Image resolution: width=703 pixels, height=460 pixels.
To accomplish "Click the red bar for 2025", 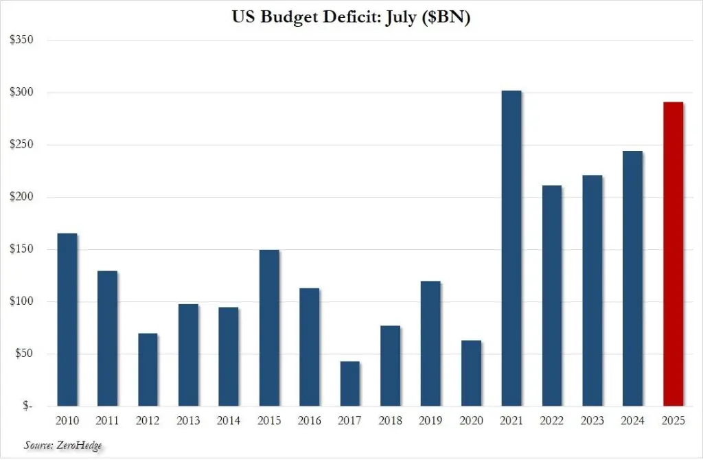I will (x=673, y=254).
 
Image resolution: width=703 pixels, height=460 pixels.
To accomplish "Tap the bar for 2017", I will (x=349, y=384).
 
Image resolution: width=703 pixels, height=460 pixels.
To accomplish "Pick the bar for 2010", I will (x=67, y=320).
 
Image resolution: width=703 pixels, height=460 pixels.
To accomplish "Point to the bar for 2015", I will (x=269, y=328).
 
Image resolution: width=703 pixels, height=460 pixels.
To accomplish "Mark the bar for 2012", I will (x=148, y=370).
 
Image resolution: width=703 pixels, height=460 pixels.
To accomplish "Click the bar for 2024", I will (x=632, y=279).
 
